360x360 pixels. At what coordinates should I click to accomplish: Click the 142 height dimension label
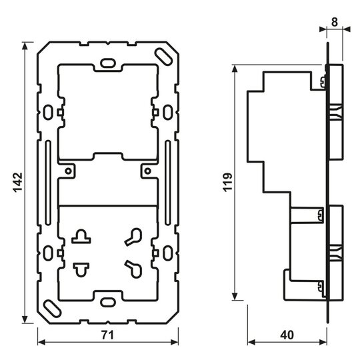coord(18,182)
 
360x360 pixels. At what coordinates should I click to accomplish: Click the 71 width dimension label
coord(108,335)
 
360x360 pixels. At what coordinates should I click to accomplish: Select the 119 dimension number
coord(228,182)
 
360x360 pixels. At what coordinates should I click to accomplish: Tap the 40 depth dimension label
coord(287,335)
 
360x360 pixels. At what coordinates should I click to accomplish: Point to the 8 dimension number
coord(335,22)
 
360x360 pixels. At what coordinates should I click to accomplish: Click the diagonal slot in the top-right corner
coord(163,56)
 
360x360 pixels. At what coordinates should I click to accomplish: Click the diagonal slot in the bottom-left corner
coord(53,309)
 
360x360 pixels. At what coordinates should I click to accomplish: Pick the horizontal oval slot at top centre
coord(108,63)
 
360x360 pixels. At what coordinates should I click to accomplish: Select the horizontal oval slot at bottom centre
coord(108,301)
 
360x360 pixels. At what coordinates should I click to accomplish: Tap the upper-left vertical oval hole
coord(48,112)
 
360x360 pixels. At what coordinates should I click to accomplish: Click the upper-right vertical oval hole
coord(168,112)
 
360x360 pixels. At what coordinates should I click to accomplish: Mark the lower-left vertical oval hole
coord(48,253)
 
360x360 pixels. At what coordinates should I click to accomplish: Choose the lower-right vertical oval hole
coord(168,253)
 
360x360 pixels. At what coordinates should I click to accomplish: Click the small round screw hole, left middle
coord(68,171)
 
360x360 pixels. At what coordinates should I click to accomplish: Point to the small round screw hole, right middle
coord(148,171)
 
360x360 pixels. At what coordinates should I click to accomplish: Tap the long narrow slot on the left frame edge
coord(48,183)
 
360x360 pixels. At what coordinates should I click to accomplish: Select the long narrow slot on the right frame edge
coord(168,183)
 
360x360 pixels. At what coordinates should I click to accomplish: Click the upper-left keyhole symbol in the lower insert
coord(81,236)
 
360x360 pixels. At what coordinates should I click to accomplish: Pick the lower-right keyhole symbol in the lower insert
coord(133,269)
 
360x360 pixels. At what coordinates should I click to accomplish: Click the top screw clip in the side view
coord(323,82)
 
